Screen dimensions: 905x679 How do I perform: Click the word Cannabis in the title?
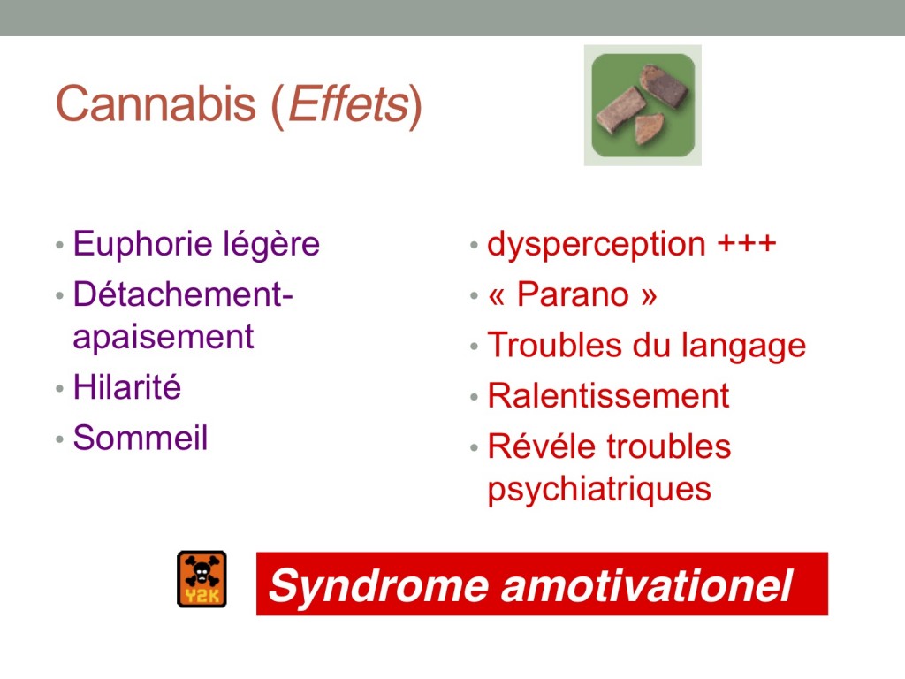pyautogui.click(x=156, y=104)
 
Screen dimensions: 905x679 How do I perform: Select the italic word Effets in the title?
pyautogui.click(x=348, y=104)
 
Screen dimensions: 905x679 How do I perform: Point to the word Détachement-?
pyautogui.click(x=183, y=294)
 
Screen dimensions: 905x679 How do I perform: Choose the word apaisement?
pyautogui.click(x=164, y=337)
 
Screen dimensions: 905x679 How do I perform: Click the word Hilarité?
pyautogui.click(x=127, y=386)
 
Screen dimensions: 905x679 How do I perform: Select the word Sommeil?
pyautogui.click(x=141, y=437)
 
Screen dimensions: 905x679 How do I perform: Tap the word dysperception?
pyautogui.click(x=597, y=244)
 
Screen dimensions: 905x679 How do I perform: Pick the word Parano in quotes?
pyautogui.click(x=573, y=294)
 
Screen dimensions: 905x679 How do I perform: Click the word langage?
pyautogui.click(x=743, y=347)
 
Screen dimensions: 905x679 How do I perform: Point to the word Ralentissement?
pyautogui.click(x=608, y=396)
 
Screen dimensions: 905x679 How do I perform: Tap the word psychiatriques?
pyautogui.click(x=599, y=490)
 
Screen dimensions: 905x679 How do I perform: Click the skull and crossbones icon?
pyautogui.click(x=202, y=578)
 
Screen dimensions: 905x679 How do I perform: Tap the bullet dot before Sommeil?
pyautogui.click(x=59, y=439)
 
